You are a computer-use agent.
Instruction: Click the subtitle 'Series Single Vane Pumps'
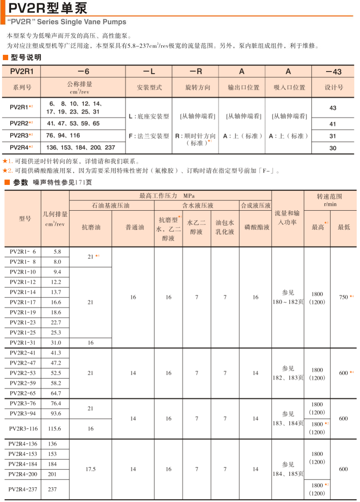click(x=67, y=22)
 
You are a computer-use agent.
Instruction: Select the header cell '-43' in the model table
click(x=333, y=72)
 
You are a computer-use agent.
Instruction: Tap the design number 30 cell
click(x=333, y=148)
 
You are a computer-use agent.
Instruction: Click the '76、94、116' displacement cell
click(x=63, y=135)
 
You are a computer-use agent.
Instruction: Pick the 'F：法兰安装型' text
click(x=148, y=136)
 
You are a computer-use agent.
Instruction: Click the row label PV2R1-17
click(x=23, y=302)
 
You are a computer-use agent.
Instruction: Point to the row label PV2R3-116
click(x=23, y=429)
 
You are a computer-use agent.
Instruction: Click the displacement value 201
click(x=53, y=474)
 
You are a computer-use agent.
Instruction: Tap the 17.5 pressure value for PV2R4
click(x=90, y=469)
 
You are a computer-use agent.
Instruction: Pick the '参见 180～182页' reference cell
click(x=288, y=297)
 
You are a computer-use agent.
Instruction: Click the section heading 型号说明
click(x=26, y=57)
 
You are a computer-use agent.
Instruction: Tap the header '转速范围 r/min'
click(x=329, y=200)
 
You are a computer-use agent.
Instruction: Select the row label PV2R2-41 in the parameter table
click(x=23, y=353)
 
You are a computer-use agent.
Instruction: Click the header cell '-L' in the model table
click(x=149, y=72)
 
